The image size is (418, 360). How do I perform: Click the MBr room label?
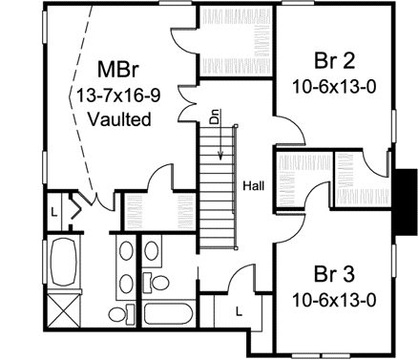[119, 72]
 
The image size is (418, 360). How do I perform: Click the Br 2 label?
[332, 59]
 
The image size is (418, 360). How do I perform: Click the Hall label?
[254, 184]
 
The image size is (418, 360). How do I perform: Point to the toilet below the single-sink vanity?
[160, 284]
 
